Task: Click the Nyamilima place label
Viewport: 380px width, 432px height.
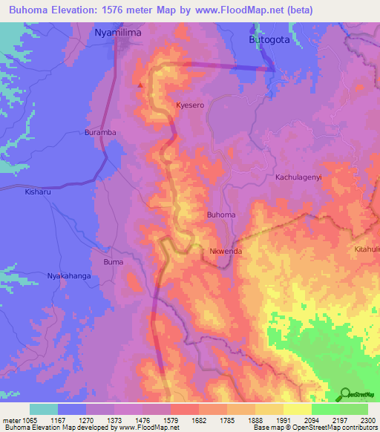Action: coord(118,33)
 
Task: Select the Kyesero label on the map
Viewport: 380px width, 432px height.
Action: coord(190,105)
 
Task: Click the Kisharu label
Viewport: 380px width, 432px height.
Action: coord(39,191)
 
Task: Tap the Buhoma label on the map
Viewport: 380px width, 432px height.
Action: coord(221,215)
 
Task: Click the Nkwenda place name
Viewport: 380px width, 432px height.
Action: coord(226,252)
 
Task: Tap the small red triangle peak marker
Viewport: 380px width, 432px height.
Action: coord(140,85)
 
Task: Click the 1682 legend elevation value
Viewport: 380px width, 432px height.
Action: coord(198,420)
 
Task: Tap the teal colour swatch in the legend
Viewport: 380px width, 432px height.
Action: coord(44,409)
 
